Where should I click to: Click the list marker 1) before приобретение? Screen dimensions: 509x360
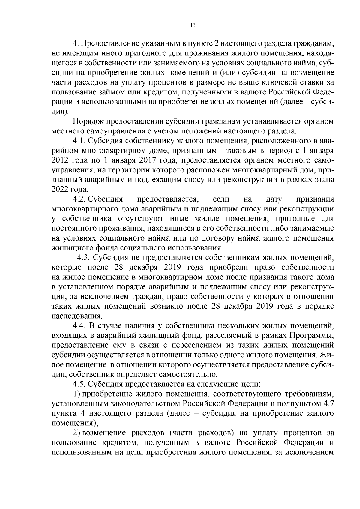77,394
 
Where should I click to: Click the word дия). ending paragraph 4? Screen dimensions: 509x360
60,112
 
